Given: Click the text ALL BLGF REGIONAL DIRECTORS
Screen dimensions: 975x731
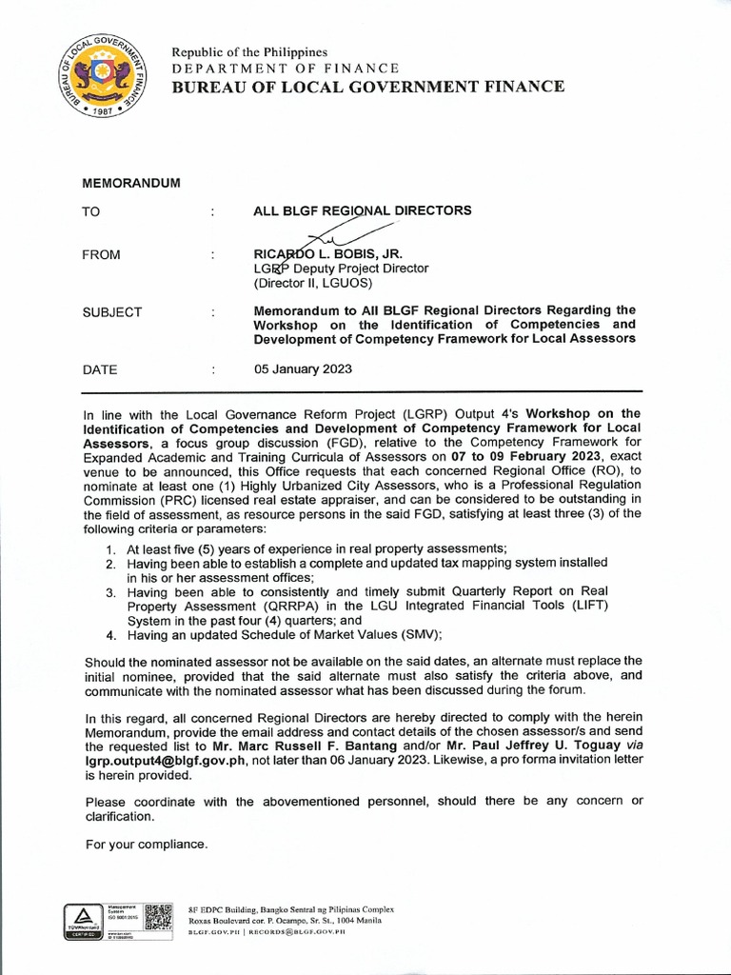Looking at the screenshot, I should [x=362, y=210].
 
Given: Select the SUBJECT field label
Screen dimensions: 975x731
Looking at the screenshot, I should [x=113, y=311].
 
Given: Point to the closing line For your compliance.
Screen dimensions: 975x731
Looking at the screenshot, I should [x=145, y=844].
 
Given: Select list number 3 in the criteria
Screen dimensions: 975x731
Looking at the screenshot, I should [x=110, y=592].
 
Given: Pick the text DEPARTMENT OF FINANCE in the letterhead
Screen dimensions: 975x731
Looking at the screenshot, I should [x=286, y=68].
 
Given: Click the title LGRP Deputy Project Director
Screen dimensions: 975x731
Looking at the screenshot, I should [x=340, y=269].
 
